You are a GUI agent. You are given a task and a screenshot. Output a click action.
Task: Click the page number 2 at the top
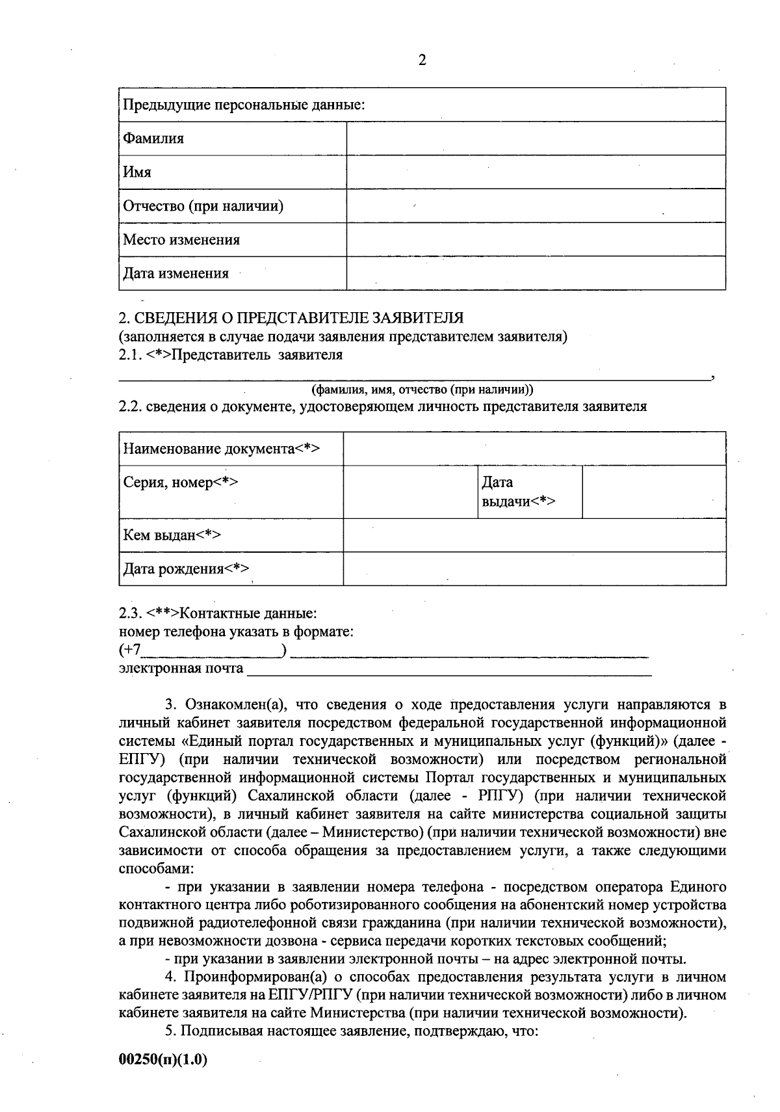point(422,60)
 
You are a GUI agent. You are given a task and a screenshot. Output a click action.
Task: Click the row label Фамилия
point(154,139)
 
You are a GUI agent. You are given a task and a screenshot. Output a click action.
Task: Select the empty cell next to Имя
point(536,172)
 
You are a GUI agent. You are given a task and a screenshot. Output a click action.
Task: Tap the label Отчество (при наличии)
point(203,206)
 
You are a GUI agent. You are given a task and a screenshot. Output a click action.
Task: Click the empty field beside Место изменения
point(536,240)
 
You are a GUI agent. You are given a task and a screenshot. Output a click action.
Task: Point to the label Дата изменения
point(176,274)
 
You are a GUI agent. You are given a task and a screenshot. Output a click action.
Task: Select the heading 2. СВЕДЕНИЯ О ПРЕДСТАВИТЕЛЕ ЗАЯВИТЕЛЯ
point(291,318)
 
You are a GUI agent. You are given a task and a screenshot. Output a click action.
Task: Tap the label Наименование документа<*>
point(222,449)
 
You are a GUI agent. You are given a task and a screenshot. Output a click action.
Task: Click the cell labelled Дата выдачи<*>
point(518,492)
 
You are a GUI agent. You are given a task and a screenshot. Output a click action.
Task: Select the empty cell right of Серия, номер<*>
point(410,492)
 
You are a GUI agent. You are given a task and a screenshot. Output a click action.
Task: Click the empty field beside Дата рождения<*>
point(534,569)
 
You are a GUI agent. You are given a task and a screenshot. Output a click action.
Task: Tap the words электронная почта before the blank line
point(181,668)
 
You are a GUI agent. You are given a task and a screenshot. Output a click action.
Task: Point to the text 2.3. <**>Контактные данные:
point(218,613)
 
